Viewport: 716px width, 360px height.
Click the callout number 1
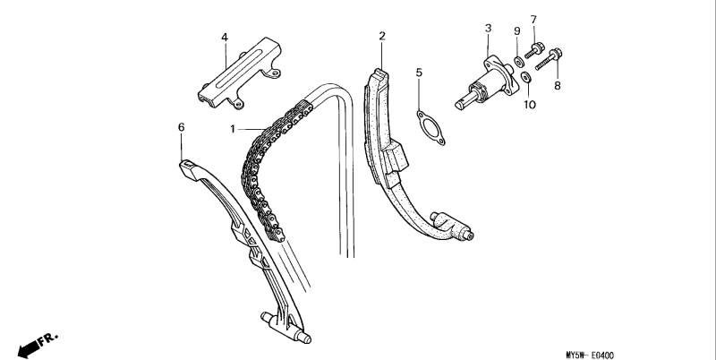(233, 129)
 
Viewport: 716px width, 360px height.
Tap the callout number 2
(382, 36)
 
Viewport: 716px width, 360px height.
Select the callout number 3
(488, 29)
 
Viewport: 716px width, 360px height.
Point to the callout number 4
(225, 38)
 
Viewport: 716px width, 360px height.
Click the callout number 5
(419, 73)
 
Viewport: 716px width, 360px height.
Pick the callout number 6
(182, 127)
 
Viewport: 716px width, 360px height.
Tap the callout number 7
(533, 20)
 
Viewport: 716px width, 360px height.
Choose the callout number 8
(557, 85)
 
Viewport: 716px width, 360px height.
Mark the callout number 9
(517, 31)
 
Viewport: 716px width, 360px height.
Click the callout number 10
(530, 105)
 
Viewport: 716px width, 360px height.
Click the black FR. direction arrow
(29, 349)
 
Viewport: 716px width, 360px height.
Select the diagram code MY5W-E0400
(590, 355)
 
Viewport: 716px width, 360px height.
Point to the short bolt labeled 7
(534, 50)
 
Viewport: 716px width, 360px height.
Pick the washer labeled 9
(519, 61)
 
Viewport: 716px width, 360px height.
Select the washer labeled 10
(526, 77)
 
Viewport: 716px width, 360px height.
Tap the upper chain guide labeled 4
(239, 73)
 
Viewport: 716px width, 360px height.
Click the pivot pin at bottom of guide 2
(468, 236)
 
